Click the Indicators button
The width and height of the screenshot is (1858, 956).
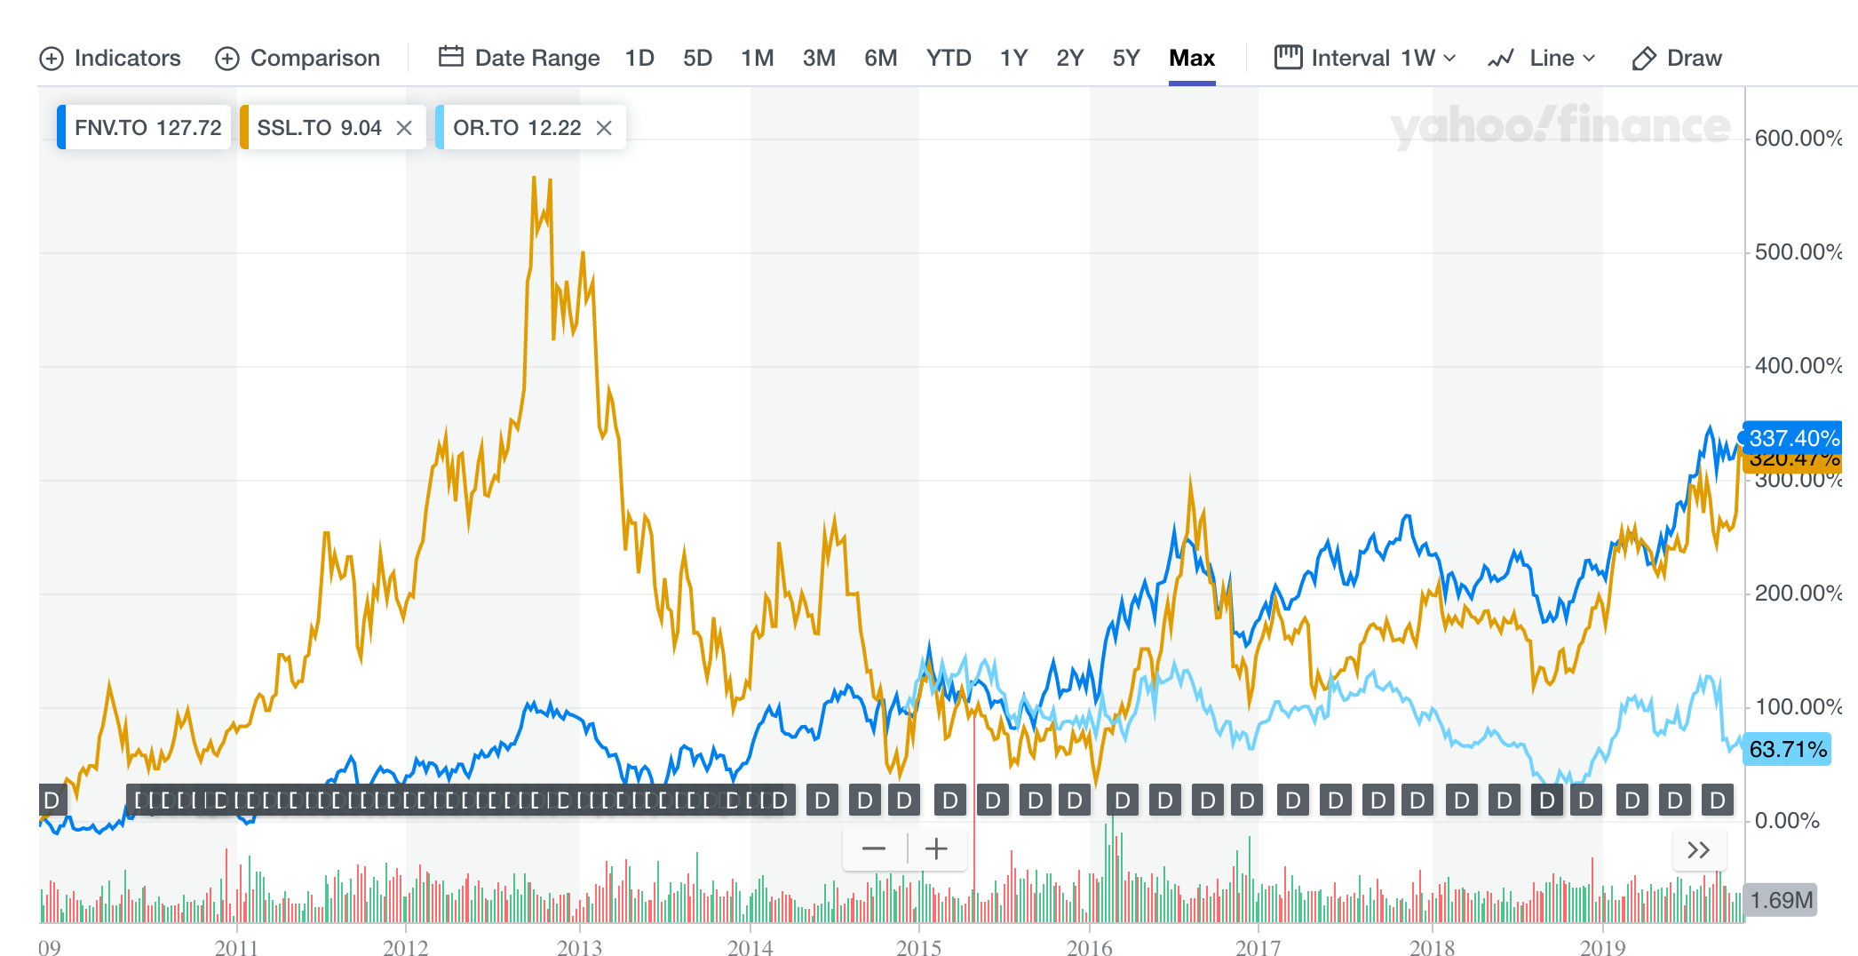[110, 58]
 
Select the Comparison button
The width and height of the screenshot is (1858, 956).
[298, 58]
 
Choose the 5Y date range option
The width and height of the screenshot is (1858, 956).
[1125, 58]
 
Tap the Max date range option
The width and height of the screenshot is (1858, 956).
[1191, 58]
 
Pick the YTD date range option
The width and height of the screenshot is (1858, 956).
[949, 58]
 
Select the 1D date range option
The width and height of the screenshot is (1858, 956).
[639, 58]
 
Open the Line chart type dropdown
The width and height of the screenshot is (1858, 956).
[1542, 58]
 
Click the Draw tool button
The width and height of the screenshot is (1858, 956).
[1677, 58]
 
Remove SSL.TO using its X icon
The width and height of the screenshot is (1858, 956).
[404, 128]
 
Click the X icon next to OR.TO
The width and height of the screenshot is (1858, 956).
[604, 128]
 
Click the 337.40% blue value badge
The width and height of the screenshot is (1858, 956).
[1792, 438]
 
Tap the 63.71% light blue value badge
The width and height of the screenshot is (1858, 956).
[1787, 750]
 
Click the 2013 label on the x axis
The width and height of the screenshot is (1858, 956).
[579, 947]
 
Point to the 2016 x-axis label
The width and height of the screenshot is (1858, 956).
[1089, 947]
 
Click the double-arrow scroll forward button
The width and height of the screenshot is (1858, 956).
[1698, 850]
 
